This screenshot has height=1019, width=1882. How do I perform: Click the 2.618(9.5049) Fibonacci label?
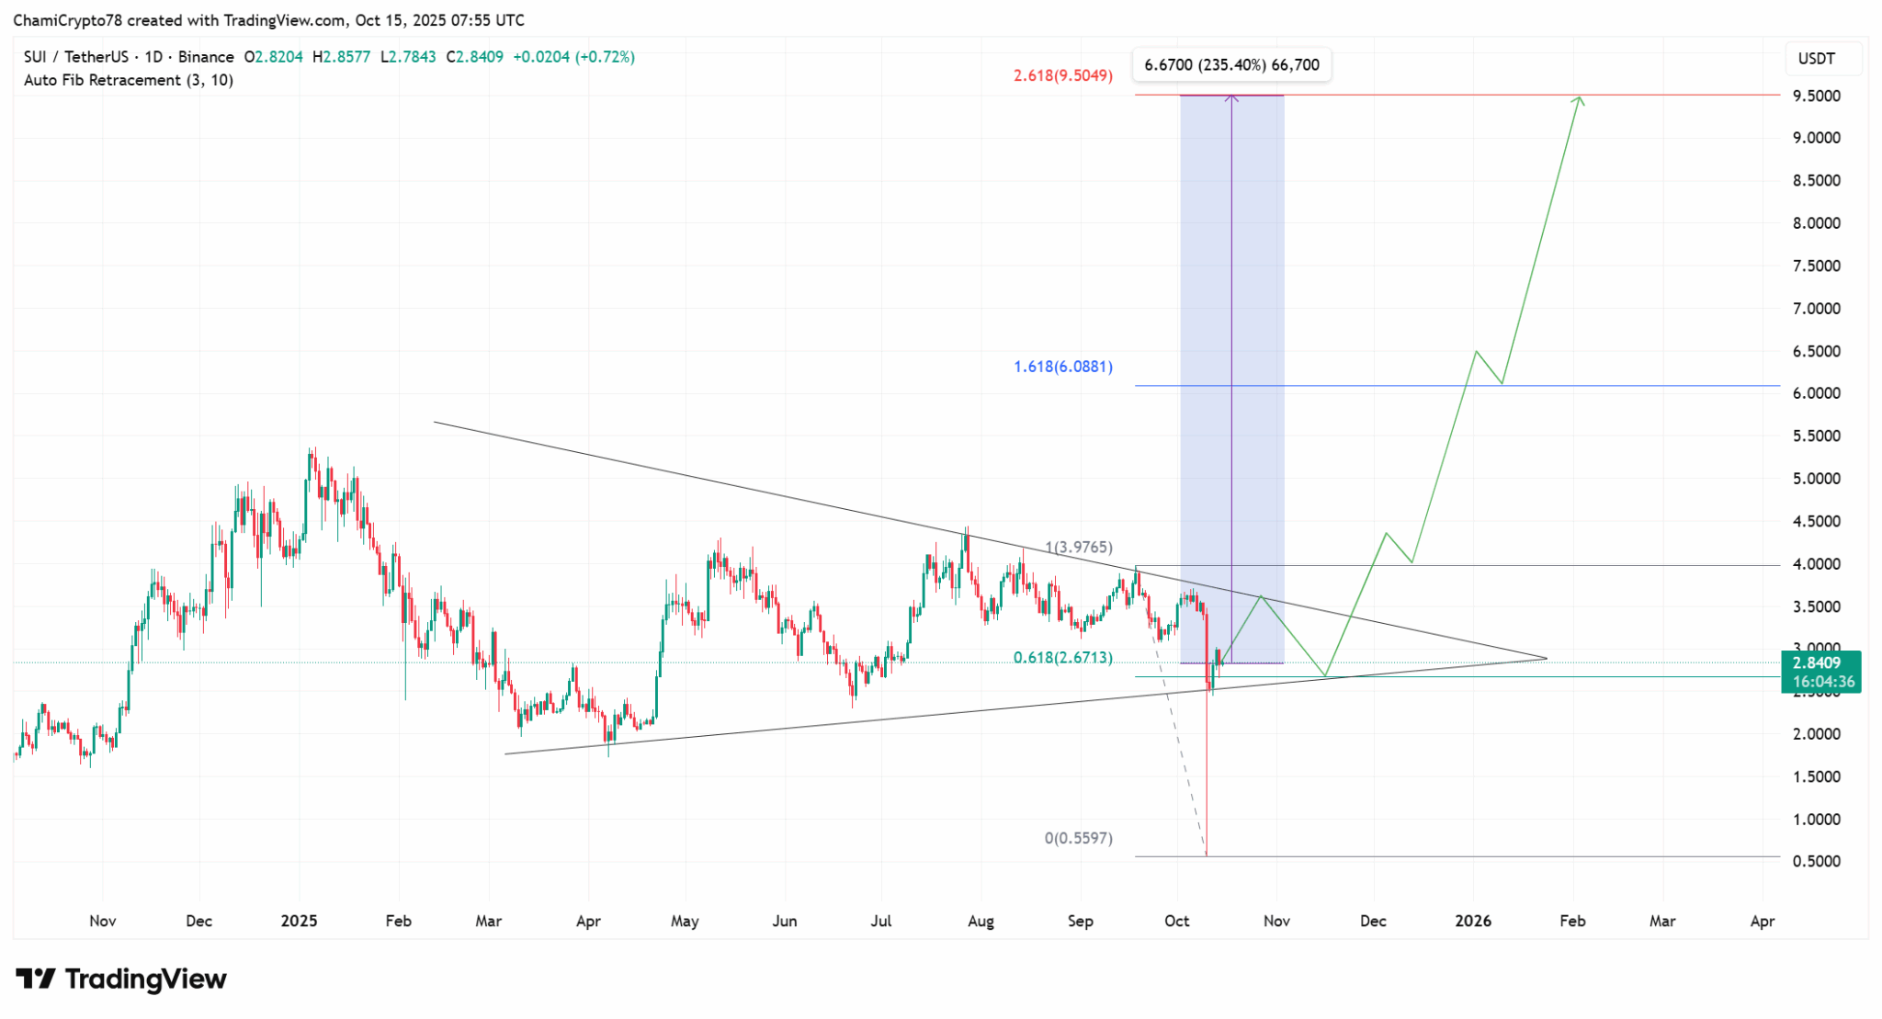click(x=1063, y=75)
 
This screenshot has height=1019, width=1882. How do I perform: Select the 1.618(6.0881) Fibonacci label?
click(x=1063, y=367)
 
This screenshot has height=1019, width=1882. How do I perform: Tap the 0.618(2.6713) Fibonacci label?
click(x=1063, y=658)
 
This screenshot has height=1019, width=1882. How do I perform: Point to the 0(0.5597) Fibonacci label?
click(x=1078, y=838)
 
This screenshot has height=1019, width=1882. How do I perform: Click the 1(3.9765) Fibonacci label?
click(x=1079, y=548)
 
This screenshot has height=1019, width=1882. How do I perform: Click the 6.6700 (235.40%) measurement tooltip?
click(x=1231, y=64)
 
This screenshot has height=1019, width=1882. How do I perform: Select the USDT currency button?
click(x=1816, y=59)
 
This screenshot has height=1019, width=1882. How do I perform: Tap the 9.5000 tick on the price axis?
click(x=1817, y=96)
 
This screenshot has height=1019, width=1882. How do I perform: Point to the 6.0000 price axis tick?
click(x=1817, y=393)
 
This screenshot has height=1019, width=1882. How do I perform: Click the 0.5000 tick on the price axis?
click(x=1817, y=862)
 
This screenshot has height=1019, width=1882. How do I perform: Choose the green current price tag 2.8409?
click(x=1820, y=663)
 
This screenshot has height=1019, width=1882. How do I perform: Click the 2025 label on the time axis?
click(x=299, y=921)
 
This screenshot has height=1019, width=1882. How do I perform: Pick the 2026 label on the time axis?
click(x=1473, y=921)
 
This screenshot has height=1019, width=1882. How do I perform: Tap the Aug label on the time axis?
click(x=981, y=921)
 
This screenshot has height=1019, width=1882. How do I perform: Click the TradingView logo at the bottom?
click(x=121, y=979)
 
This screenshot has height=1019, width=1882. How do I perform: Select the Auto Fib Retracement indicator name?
click(x=102, y=80)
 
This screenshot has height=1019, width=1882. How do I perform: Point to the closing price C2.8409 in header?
click(x=475, y=57)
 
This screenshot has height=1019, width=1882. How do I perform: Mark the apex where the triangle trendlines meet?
click(x=1547, y=658)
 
